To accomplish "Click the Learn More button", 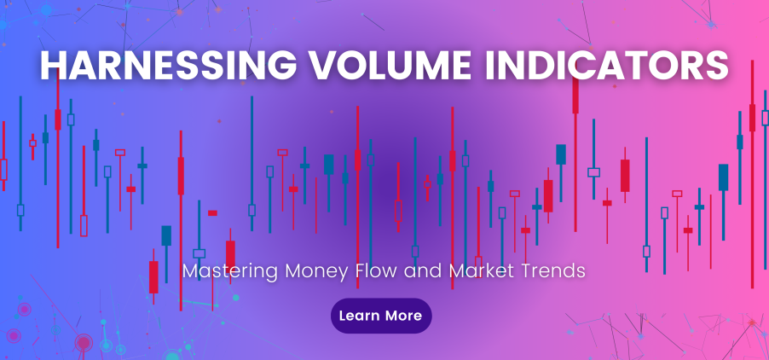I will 381,316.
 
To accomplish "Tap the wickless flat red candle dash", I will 212,212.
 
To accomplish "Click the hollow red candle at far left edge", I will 3,169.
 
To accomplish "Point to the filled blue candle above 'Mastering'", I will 166,235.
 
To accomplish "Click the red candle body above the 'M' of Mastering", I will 153,276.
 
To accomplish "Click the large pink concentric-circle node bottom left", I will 84,343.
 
